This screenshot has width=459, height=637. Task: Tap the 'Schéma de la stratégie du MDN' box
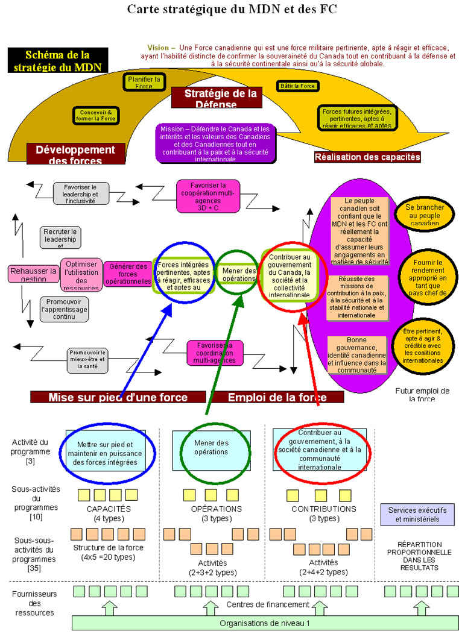[x=57, y=61]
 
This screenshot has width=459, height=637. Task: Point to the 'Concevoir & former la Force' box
[x=96, y=115]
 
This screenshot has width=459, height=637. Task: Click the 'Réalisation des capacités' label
[x=367, y=157]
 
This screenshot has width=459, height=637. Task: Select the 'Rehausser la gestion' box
[x=33, y=274]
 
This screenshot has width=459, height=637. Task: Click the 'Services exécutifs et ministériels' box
[x=417, y=515]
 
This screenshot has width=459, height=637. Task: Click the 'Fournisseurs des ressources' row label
[x=33, y=603]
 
